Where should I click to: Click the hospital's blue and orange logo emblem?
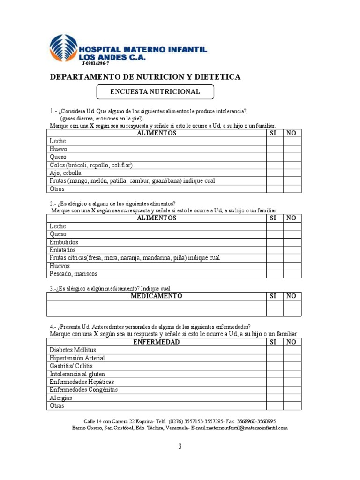(63, 48)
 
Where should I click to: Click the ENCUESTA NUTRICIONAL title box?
(155, 92)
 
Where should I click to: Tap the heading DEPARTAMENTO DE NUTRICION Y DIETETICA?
(145, 76)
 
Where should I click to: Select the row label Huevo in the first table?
(59, 149)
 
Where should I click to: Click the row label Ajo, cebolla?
(66, 173)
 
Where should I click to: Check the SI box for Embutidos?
(275, 242)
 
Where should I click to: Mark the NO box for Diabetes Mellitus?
(292, 350)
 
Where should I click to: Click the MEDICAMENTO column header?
(156, 296)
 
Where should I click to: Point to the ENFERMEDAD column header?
(156, 342)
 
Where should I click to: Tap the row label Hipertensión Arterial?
(77, 358)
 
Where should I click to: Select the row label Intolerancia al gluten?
(77, 374)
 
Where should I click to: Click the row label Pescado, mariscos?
(74, 274)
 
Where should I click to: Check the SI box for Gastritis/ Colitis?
(275, 366)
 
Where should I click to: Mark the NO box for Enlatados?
(292, 250)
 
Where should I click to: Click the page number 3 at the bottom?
(180, 446)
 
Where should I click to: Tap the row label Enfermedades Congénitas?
(83, 390)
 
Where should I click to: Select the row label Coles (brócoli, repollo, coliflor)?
(91, 165)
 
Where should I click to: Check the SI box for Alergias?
(275, 398)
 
